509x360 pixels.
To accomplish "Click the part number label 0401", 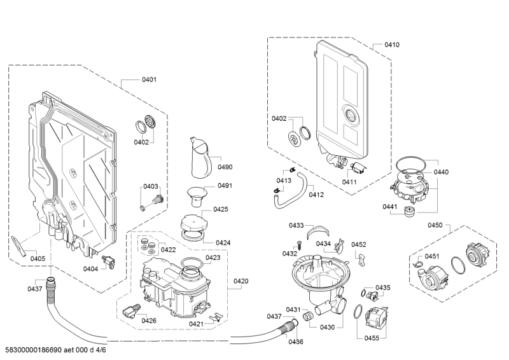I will coord(150,80).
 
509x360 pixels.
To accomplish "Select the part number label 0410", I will coord(392,45).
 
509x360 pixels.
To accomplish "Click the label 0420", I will coord(241,280).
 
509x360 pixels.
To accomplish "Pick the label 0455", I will coord(372,338).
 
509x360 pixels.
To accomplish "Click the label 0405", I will coord(38,258).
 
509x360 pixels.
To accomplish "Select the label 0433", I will coord(296,225).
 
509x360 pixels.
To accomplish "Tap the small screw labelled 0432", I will coord(296,244).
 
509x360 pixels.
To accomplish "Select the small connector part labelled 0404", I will coord(108,260).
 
